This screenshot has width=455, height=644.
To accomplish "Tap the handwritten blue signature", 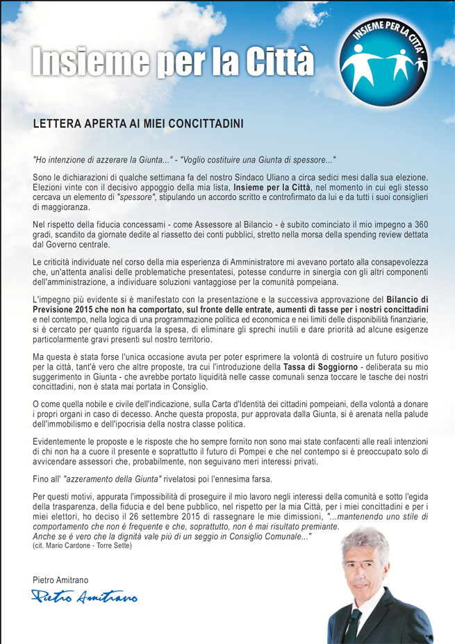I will pyautogui.click(x=84, y=596).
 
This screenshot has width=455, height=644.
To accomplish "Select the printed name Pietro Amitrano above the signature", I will pyautogui.click(x=61, y=579).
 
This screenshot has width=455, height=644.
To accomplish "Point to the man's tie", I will pyautogui.click(x=355, y=618).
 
